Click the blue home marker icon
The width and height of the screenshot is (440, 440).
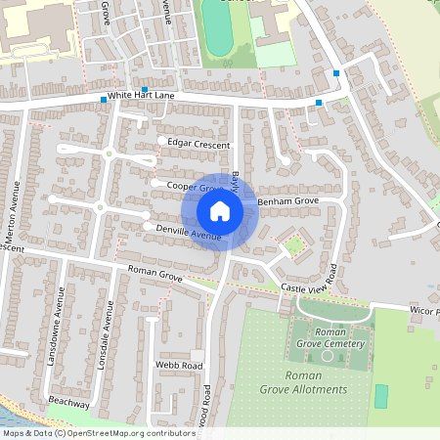220,211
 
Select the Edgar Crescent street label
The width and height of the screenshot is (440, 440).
198,145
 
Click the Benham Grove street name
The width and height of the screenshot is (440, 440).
288,200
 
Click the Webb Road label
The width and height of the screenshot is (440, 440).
178,366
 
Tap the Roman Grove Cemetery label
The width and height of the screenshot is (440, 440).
330,337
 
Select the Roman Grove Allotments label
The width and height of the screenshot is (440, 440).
315,382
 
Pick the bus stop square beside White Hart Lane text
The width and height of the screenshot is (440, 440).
104,100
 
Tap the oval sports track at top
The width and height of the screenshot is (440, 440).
217,24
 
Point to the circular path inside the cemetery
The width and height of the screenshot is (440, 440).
328,355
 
